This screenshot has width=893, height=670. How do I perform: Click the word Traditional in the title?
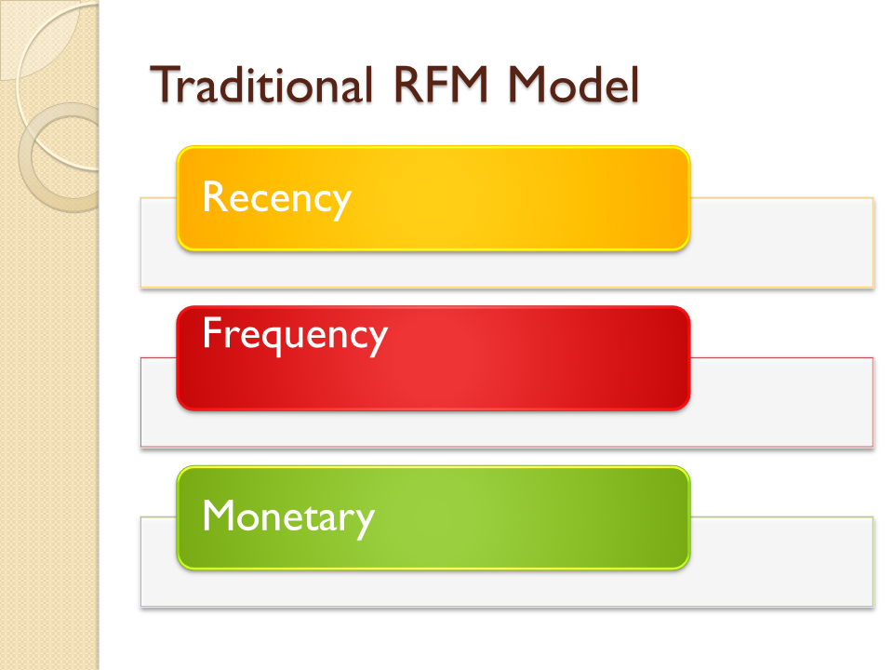pos(260,86)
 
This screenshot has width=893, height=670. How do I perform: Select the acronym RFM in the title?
pos(436,86)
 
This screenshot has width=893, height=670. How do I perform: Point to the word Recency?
pos(276,197)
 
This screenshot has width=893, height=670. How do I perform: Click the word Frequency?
pos(294,335)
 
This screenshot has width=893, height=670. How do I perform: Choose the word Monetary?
pos(287,516)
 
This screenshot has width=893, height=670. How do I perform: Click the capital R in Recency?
pos(214,197)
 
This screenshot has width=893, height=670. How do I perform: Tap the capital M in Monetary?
pos(219,516)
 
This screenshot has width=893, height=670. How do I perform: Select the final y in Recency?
pos(341,202)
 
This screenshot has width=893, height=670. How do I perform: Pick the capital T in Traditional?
pos(164,86)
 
